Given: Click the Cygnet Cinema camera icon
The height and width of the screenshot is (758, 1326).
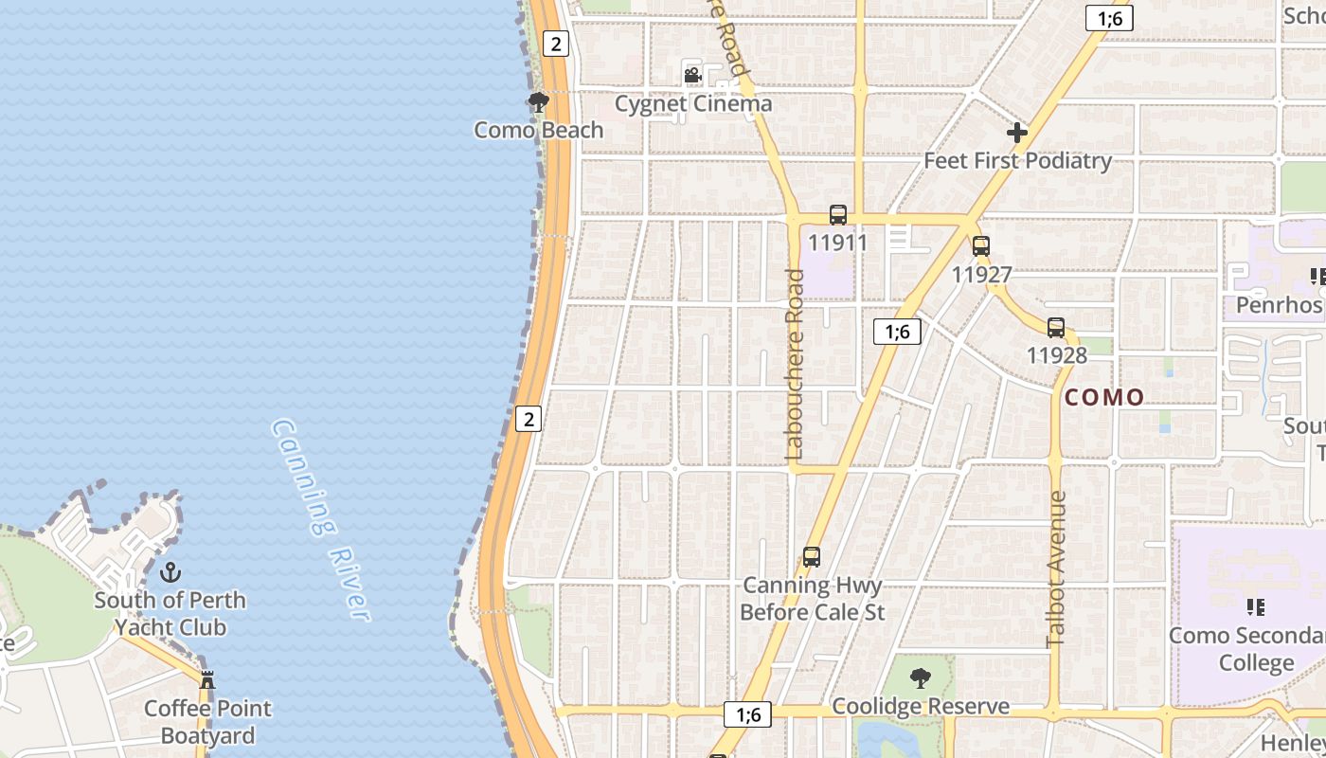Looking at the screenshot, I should (692, 75).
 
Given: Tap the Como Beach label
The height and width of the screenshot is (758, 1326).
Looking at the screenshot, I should (538, 130).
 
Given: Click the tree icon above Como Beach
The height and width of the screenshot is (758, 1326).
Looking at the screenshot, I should (539, 101).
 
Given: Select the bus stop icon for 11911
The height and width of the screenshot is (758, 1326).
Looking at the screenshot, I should (837, 215).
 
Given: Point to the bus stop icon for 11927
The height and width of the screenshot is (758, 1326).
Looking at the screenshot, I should (981, 246).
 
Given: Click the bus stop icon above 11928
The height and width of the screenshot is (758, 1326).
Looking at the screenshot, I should (1056, 328).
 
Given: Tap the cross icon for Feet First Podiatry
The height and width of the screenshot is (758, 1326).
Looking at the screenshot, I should (1016, 133).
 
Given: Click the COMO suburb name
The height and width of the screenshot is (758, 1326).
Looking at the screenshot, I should (1104, 397).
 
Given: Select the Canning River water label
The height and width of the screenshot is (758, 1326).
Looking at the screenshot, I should (319, 519).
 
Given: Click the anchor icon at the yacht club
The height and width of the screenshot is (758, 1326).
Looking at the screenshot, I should (170, 571).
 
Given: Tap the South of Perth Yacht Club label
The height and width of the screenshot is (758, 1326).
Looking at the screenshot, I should (170, 613).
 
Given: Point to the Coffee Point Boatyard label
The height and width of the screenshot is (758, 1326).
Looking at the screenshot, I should (207, 721).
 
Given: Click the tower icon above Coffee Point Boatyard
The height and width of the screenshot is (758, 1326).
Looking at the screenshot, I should (207, 679).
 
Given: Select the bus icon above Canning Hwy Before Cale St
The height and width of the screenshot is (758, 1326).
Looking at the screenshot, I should (812, 557).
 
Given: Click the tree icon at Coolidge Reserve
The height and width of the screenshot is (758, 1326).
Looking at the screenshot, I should (919, 678).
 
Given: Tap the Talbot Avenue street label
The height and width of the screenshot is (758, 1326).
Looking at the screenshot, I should (1057, 568).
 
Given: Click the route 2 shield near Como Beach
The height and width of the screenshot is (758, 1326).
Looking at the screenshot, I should (555, 43).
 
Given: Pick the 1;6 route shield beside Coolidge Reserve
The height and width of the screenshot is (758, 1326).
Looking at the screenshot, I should (748, 714).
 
